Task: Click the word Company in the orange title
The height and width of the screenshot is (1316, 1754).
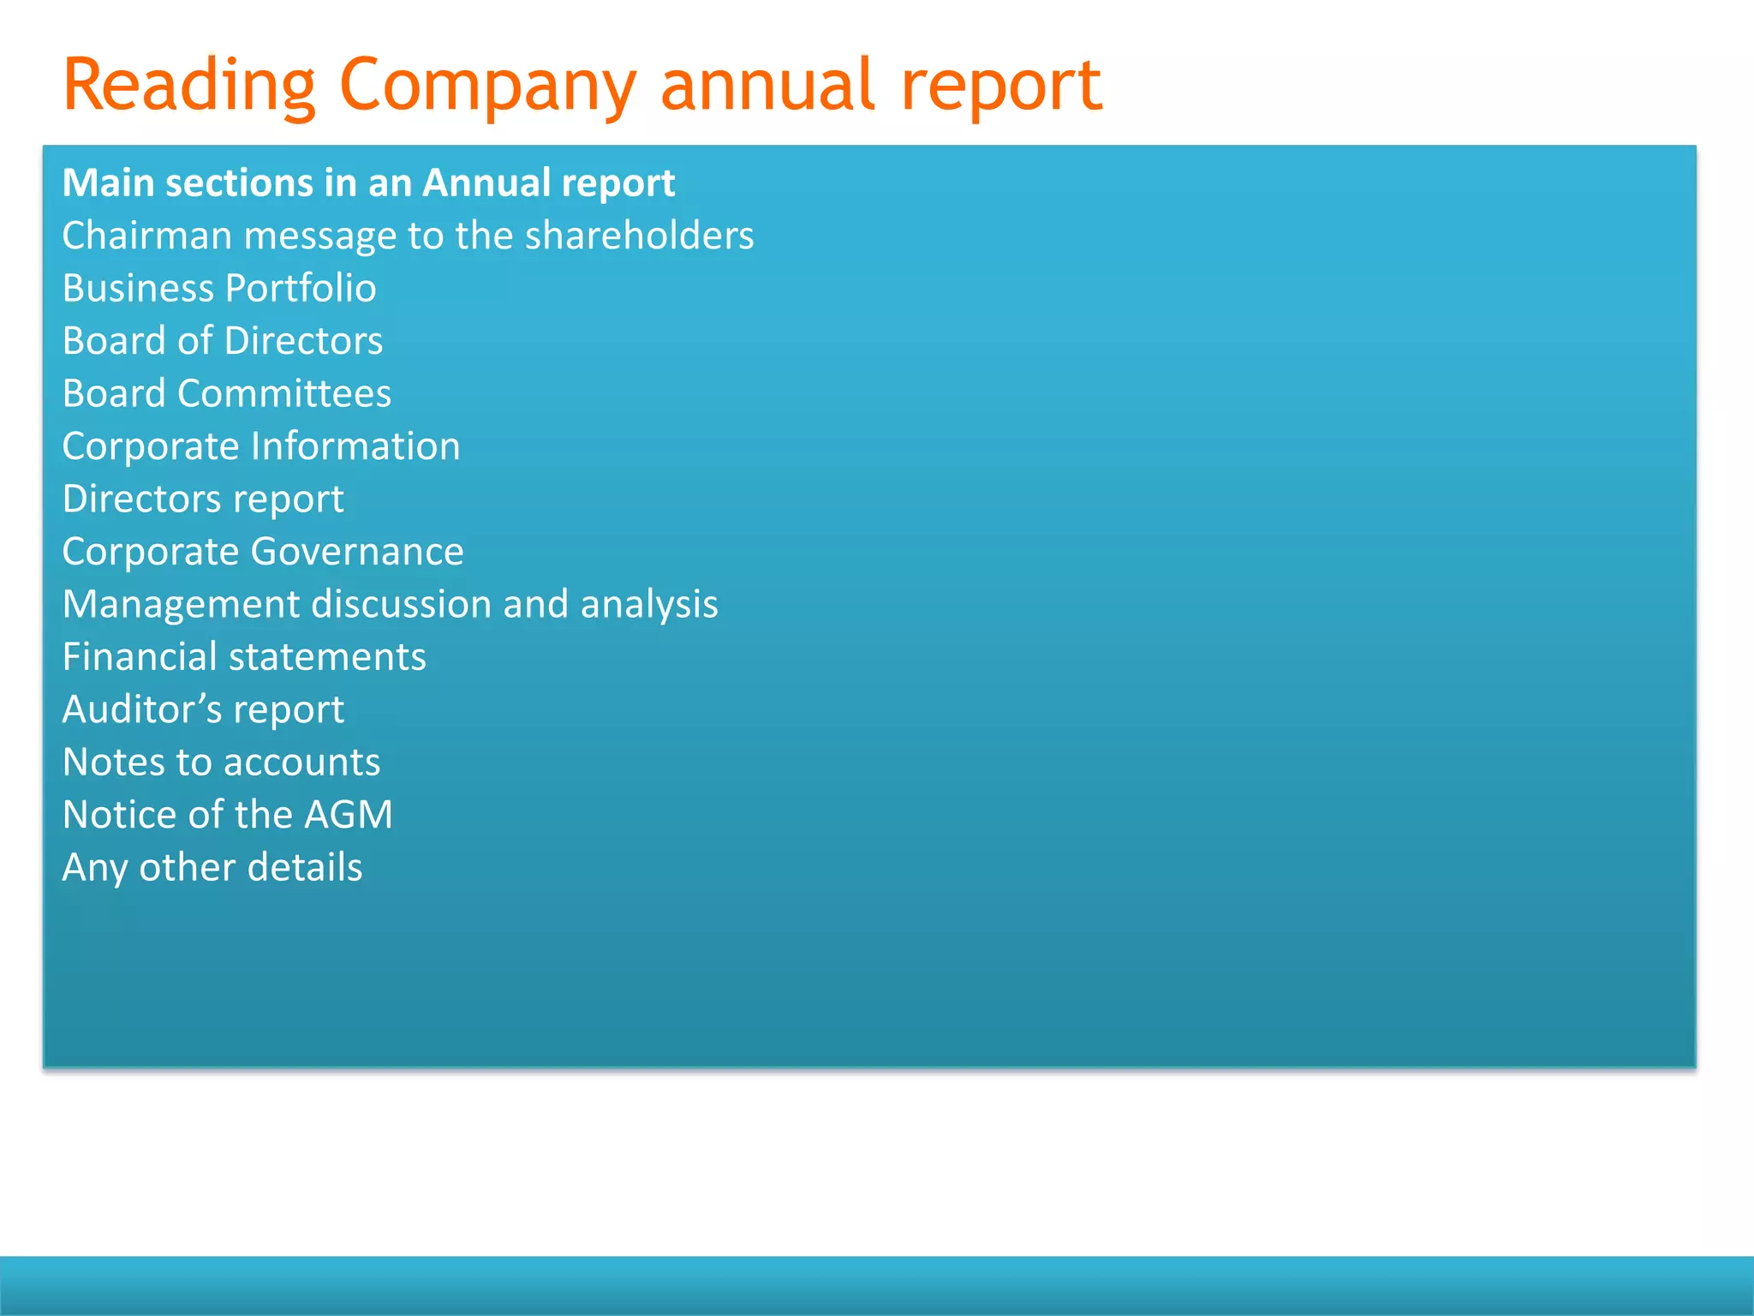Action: coord(487,86)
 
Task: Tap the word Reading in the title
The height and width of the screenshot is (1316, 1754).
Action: coord(189,86)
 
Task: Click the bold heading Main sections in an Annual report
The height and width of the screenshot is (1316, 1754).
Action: coord(369,183)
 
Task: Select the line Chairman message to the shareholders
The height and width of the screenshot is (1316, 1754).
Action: coord(408,236)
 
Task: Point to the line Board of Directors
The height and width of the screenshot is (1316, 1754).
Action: coord(223,341)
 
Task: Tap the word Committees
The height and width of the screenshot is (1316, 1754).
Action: coord(284,394)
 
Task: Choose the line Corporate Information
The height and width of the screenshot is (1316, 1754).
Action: coord(261,446)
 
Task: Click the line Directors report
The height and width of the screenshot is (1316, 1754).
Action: coord(203,499)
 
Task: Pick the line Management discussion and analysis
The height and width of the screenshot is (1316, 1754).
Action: coord(390,605)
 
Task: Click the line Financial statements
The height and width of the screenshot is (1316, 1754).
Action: coord(244,657)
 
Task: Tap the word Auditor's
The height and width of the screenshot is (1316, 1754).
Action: coord(142,710)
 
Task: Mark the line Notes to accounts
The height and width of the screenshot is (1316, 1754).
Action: coord(221,763)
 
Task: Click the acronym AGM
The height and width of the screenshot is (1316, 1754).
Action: coord(348,815)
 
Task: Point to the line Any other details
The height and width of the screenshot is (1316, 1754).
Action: coord(212,868)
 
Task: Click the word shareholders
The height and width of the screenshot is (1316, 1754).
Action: coord(639,236)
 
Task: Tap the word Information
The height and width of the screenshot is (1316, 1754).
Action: coord(355,446)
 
